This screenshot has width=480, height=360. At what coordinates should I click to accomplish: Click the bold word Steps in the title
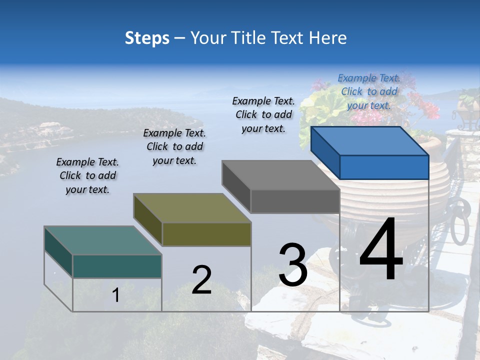coord(147,38)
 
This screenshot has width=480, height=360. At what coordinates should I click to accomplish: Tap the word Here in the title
coord(327,38)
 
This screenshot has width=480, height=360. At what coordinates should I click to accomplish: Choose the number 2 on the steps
coord(201,279)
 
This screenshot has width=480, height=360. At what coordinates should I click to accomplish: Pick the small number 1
coord(116,295)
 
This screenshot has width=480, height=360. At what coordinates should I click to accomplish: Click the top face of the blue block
coord(370,141)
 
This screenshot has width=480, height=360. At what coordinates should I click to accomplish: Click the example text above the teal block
coord(87,176)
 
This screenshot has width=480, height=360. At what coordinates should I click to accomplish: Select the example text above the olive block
coord(174,147)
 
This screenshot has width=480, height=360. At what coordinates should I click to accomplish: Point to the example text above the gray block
coord(263,114)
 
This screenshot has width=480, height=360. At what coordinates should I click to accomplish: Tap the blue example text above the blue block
coord(369,91)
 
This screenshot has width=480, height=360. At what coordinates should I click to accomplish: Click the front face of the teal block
coord(117,266)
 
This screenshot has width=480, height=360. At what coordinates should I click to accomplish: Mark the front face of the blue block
coord(384,167)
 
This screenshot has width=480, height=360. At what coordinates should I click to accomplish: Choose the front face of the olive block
coord(206,234)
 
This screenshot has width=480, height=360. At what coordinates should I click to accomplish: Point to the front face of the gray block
coord(295,201)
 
